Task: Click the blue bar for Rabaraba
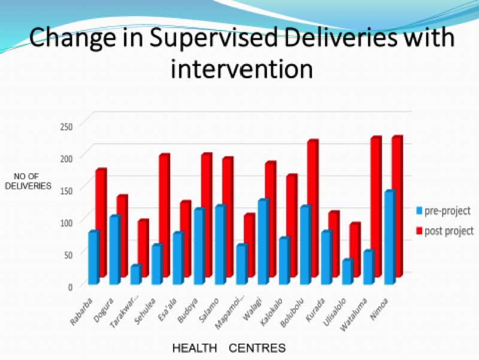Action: (93, 258)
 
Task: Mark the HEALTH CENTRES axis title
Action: (229, 347)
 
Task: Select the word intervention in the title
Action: (241, 68)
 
